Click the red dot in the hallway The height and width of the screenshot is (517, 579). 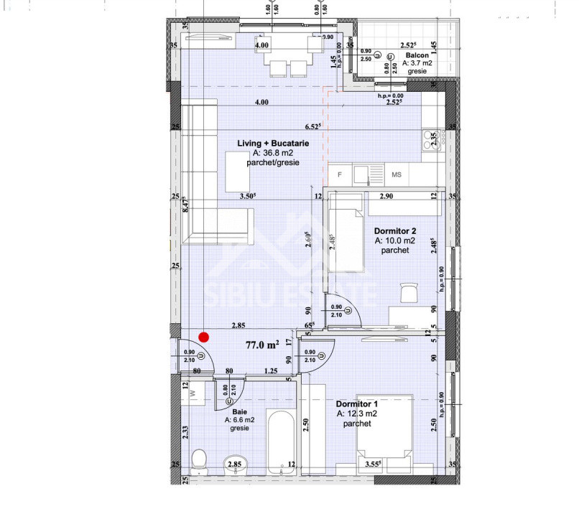[x=204, y=336]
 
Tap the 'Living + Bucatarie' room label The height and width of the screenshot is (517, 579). [x=273, y=144]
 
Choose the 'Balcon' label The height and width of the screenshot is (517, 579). [x=417, y=55]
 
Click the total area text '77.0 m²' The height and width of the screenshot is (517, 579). [x=262, y=345]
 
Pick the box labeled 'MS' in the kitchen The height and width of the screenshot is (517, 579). [x=397, y=174]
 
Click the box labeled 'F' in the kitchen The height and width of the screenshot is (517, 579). [x=340, y=174]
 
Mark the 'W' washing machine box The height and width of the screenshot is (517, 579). [x=192, y=391]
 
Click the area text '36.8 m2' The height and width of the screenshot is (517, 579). [x=274, y=154]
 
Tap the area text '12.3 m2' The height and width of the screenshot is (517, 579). [x=357, y=414]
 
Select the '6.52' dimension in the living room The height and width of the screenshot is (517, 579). [x=313, y=126]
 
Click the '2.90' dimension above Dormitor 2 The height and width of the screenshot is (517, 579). [x=386, y=195]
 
